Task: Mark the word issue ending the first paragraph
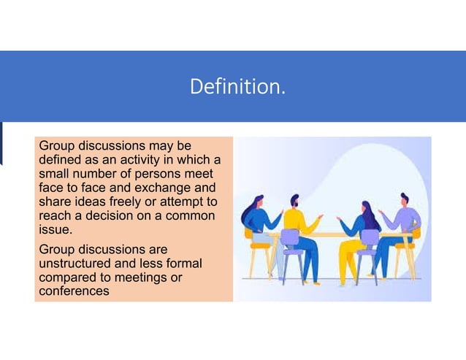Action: (54, 229)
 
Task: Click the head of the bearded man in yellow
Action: (294, 201)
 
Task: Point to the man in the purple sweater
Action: (400, 223)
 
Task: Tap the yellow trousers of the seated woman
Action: (349, 256)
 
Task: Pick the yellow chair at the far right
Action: (414, 245)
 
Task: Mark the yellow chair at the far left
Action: (256, 248)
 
